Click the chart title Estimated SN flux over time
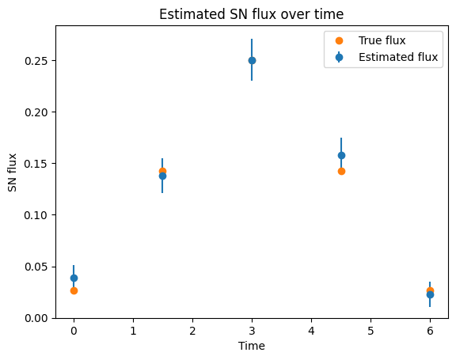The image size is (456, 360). pos(251,14)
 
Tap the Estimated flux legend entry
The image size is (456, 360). pos(386,57)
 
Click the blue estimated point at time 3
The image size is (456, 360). pos(252,60)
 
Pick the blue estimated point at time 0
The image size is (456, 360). pos(74,278)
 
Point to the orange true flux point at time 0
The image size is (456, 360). pos(74,290)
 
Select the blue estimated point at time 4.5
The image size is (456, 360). pos(341,155)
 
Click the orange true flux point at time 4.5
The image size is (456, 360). pos(341,171)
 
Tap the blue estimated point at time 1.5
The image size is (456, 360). pos(162,176)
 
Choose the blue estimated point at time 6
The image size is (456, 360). pos(430,294)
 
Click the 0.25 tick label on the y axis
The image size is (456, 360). pos(36,61)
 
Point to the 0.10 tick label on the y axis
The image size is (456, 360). pos(36,215)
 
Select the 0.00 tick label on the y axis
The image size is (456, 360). pos(36,318)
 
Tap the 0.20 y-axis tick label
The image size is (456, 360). pos(36,112)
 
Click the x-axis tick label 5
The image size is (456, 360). pos(370,331)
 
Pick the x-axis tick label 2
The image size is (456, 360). pos(192,331)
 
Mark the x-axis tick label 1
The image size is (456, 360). pos(133,331)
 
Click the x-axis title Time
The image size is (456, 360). pos(252,346)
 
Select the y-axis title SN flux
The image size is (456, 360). pos(12,172)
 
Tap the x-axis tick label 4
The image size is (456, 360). pos(311,331)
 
